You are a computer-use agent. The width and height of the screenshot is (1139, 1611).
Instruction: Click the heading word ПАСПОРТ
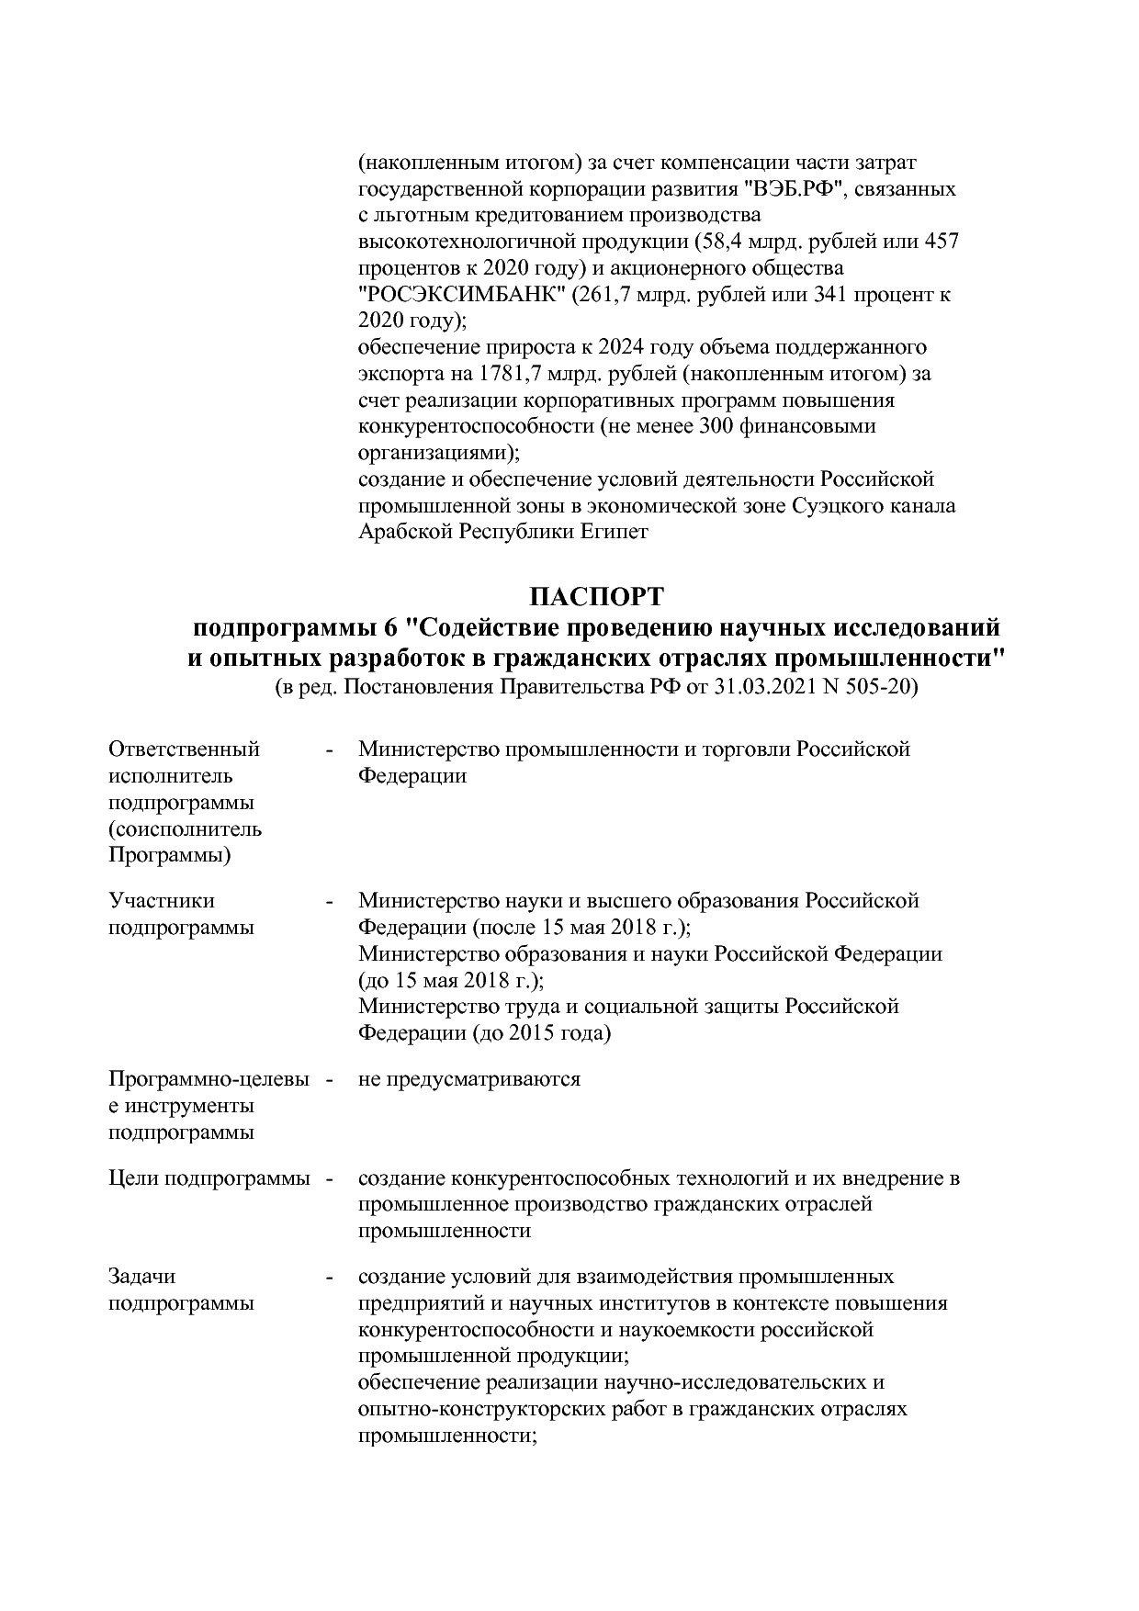click(x=596, y=597)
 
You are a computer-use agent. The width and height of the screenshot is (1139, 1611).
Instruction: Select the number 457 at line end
click(x=941, y=242)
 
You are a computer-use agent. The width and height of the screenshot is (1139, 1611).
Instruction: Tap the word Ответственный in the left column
click(x=185, y=749)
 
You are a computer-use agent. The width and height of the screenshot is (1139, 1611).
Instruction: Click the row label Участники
click(x=162, y=901)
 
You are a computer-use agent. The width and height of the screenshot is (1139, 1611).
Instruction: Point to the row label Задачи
click(x=141, y=1277)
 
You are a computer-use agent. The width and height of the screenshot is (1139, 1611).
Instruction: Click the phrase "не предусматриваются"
click(x=469, y=1079)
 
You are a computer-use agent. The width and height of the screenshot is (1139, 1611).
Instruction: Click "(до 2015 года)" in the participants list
click(x=541, y=1033)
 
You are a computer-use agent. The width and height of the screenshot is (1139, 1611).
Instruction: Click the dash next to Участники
click(x=329, y=901)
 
